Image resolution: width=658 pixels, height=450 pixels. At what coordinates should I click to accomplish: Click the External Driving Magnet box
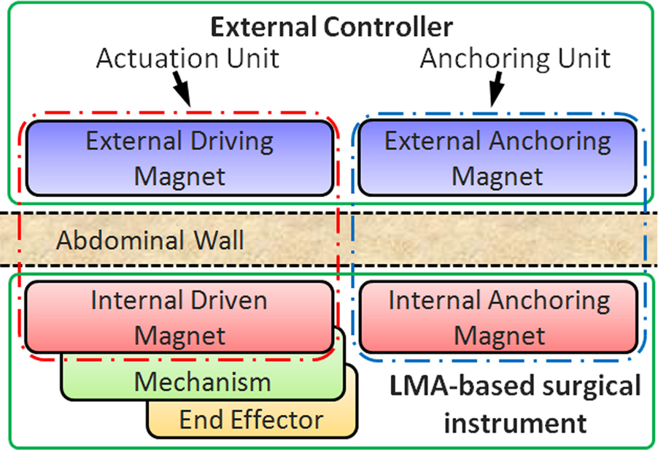coord(179,158)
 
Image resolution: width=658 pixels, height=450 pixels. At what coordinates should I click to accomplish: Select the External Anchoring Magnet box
coord(498,158)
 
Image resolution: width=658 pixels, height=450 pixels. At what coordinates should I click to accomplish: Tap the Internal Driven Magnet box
coord(179,317)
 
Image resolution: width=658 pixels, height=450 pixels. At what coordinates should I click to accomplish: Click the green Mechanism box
coord(202,381)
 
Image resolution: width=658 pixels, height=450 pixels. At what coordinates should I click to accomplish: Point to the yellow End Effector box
coord(251,419)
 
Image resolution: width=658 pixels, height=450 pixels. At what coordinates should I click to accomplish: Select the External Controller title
coord(332,28)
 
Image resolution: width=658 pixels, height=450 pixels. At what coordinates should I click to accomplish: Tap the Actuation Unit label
coord(187,58)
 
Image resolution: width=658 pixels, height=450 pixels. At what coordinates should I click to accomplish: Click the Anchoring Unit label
coord(515,58)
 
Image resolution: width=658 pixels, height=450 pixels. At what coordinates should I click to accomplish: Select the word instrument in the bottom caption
coord(515,422)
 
